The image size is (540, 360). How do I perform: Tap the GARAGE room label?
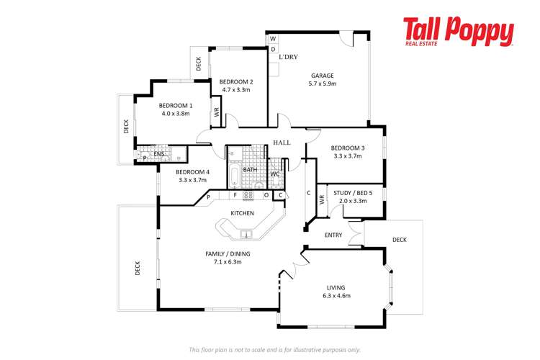point(322,75)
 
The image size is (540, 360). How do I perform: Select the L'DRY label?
point(288,57)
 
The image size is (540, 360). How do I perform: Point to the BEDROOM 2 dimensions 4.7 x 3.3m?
point(235,90)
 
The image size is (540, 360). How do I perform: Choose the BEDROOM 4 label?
point(193,172)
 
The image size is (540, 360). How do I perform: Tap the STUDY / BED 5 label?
point(352,192)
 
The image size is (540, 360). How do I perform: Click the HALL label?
point(282,143)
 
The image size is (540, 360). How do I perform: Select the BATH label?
point(250,170)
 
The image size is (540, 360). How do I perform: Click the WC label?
point(274,174)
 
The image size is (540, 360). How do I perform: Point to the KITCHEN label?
point(242,213)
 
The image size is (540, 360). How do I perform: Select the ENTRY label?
point(333,235)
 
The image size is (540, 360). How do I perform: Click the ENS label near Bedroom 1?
point(159,154)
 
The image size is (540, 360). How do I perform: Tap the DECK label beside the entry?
point(400,240)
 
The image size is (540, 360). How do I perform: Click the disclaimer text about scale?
point(274,349)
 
